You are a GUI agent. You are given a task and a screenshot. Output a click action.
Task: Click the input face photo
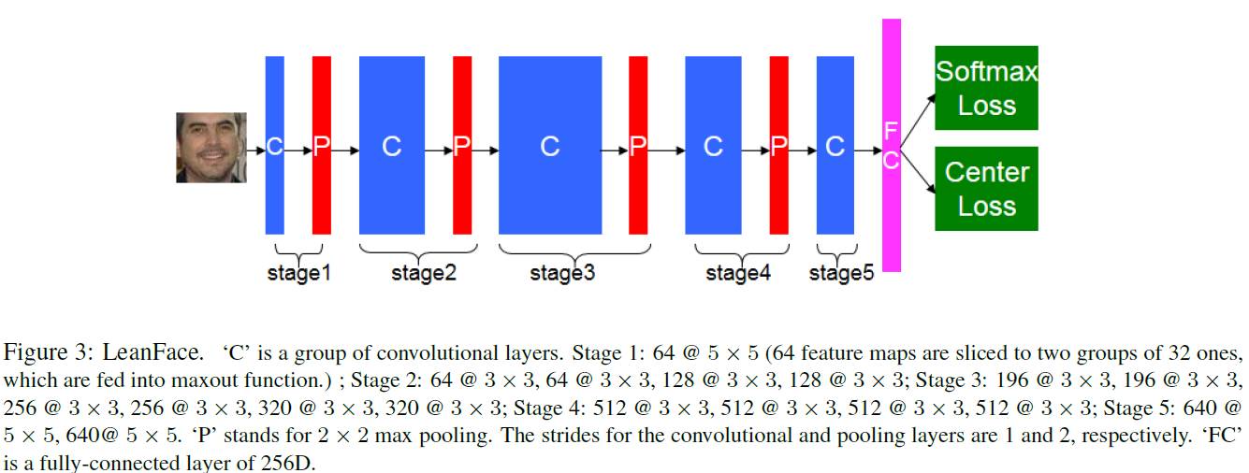211,148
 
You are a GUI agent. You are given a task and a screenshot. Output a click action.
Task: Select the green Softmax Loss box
986,88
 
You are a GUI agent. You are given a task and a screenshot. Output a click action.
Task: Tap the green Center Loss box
986,188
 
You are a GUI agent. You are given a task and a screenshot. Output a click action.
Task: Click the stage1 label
299,274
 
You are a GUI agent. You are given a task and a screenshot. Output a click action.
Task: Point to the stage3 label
562,274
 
